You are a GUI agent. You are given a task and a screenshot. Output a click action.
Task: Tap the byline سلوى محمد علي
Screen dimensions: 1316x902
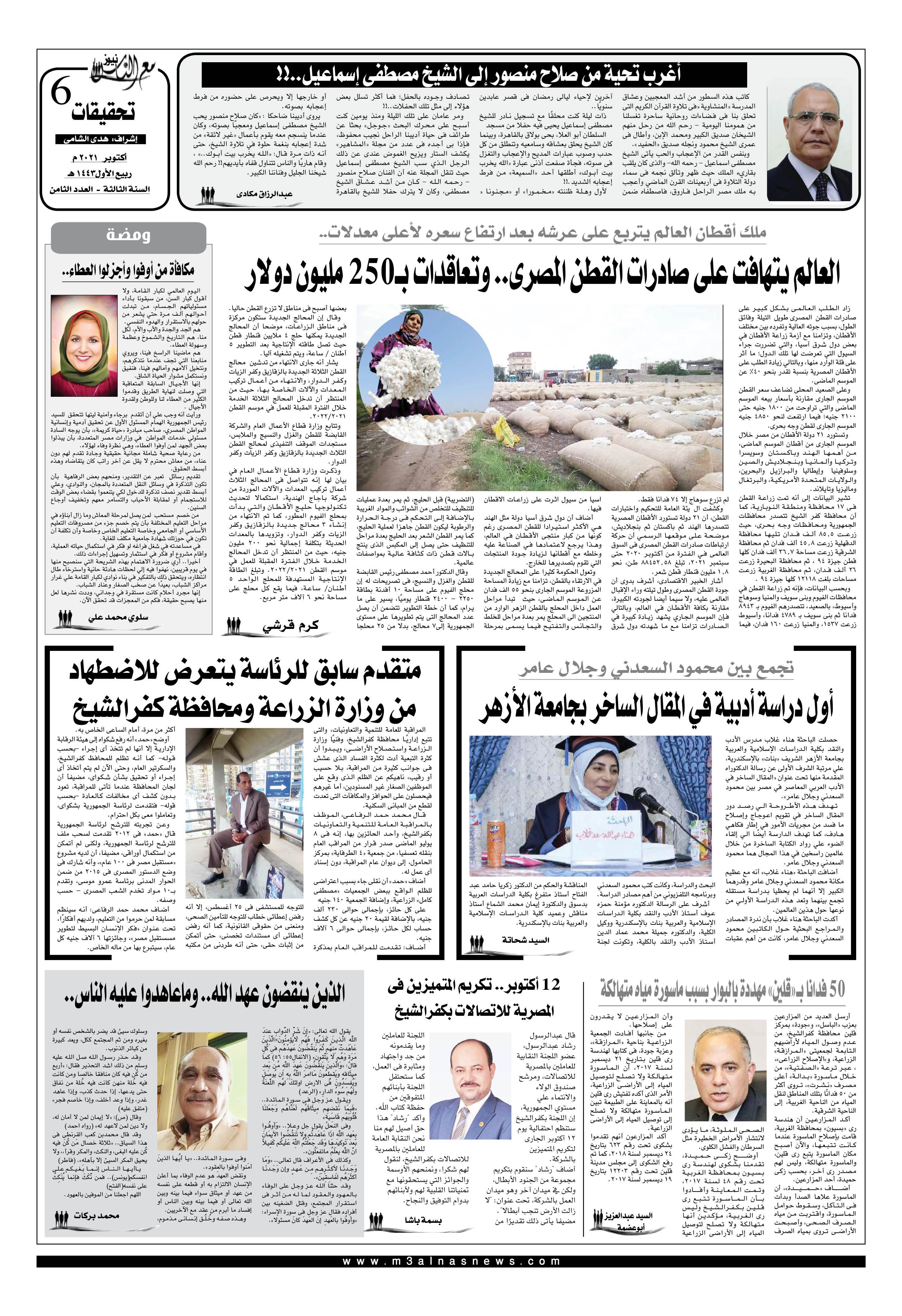click(x=118, y=618)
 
